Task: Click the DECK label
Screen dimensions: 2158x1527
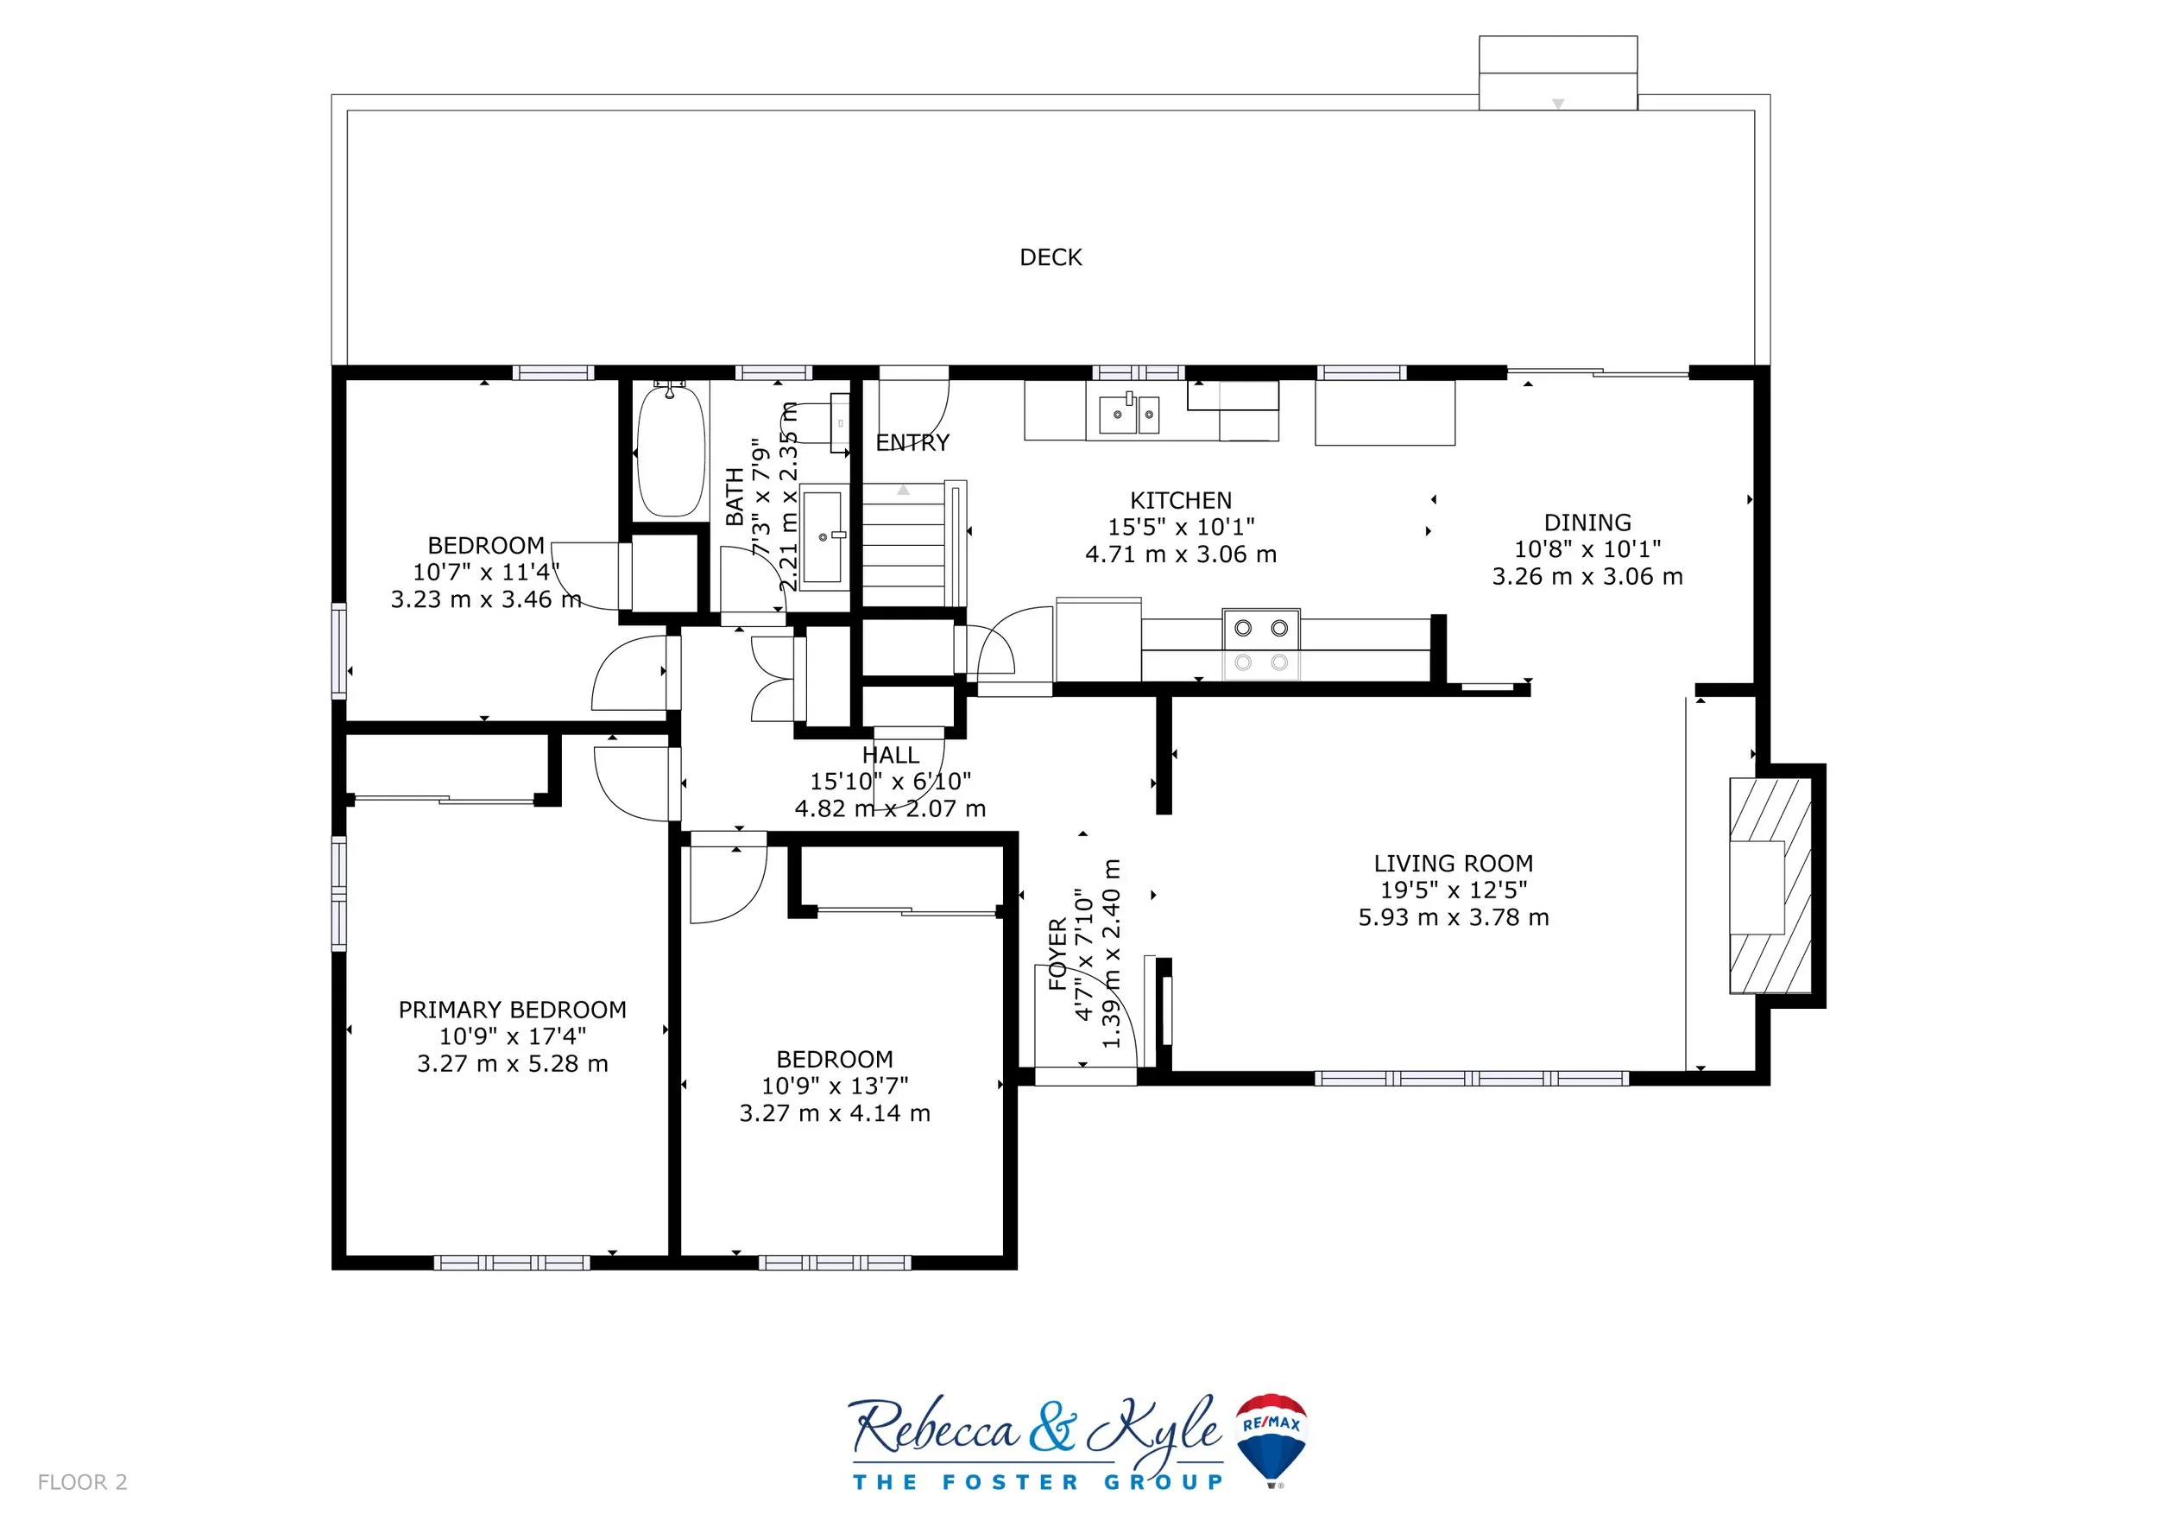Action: point(1051,257)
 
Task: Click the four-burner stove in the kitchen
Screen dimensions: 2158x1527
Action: point(1261,644)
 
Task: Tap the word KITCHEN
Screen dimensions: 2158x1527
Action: point(1181,500)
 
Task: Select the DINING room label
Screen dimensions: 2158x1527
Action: point(1587,523)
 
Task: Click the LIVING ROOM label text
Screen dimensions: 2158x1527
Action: point(1453,863)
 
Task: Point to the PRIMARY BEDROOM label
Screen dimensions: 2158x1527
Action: point(512,1010)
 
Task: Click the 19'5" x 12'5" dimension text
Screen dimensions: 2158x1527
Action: point(1453,890)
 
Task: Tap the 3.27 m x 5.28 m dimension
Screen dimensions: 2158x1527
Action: point(512,1063)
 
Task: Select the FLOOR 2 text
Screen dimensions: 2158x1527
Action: point(82,1483)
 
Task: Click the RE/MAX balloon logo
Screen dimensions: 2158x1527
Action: point(1271,1440)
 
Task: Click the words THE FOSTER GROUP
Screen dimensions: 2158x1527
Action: point(1038,1483)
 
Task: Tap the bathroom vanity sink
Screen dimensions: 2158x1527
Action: point(824,536)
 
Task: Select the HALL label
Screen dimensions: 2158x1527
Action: point(890,755)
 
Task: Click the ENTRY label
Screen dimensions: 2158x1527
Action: point(912,443)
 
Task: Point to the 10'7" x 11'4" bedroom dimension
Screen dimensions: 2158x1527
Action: point(486,572)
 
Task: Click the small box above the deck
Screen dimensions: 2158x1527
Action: point(1558,73)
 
